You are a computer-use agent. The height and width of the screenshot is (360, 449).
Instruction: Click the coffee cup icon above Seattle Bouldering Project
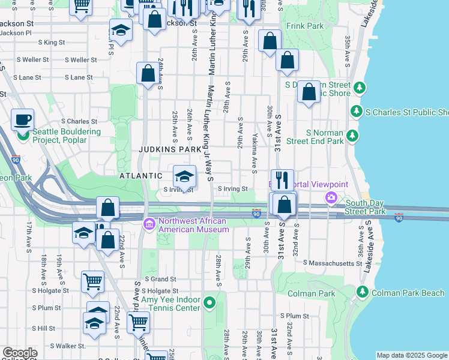pyautogui.click(x=23, y=119)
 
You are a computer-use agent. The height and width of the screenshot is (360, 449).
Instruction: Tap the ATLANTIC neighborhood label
pyautogui.click(x=140, y=176)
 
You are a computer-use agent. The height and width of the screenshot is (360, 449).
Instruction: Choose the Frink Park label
pyautogui.click(x=305, y=26)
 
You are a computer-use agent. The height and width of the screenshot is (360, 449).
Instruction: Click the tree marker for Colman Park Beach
pyautogui.click(x=362, y=292)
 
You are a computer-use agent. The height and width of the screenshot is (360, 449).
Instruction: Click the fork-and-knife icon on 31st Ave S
pyautogui.click(x=282, y=180)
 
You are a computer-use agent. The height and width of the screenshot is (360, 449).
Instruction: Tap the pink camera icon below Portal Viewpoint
pyautogui.click(x=331, y=197)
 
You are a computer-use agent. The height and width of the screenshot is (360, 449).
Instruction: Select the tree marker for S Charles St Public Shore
pyautogui.click(x=357, y=112)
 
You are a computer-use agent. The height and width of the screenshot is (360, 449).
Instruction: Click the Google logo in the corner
pyautogui.click(x=20, y=353)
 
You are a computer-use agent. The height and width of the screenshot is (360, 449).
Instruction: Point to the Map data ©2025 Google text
pyautogui.click(x=411, y=355)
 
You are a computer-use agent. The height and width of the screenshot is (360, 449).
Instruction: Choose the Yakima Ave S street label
pyautogui.click(x=255, y=151)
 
